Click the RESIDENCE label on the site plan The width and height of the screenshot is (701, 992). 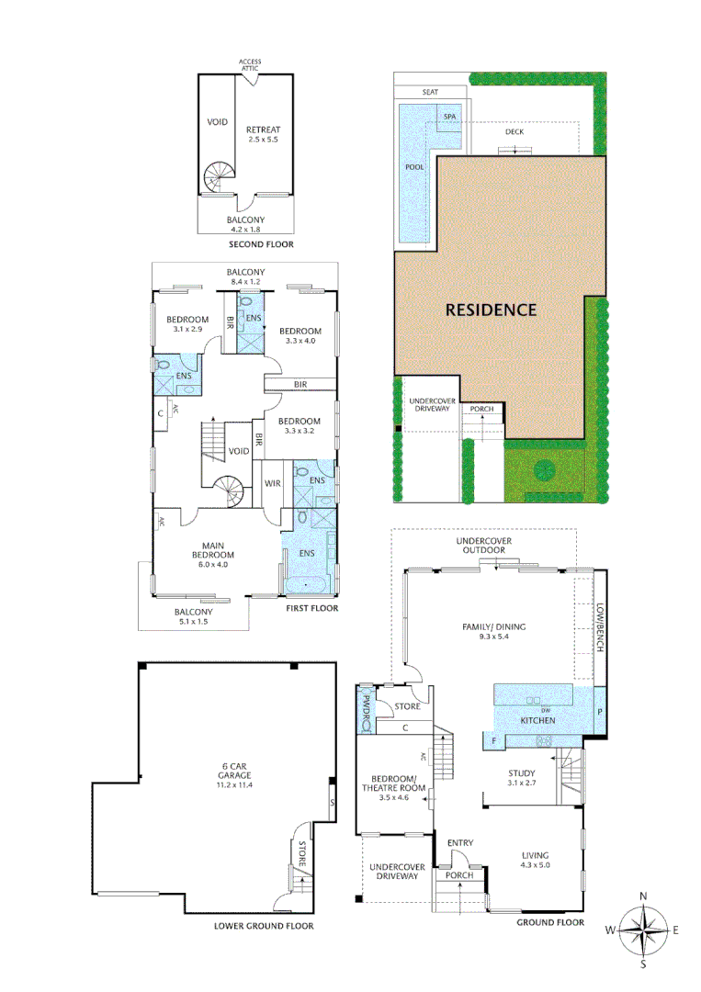click(x=491, y=310)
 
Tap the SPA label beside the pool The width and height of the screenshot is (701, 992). click(x=449, y=118)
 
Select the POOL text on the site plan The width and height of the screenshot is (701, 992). click(x=414, y=167)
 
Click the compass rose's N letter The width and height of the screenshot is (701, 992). click(x=644, y=896)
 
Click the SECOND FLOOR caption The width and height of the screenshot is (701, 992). click(x=261, y=246)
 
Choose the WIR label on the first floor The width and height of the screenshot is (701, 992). click(x=272, y=482)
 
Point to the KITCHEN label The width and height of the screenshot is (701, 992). click(x=537, y=721)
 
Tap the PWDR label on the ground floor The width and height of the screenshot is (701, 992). click(x=366, y=710)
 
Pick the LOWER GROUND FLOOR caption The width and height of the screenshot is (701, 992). click(x=263, y=926)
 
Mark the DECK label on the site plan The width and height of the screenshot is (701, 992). click(x=514, y=131)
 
